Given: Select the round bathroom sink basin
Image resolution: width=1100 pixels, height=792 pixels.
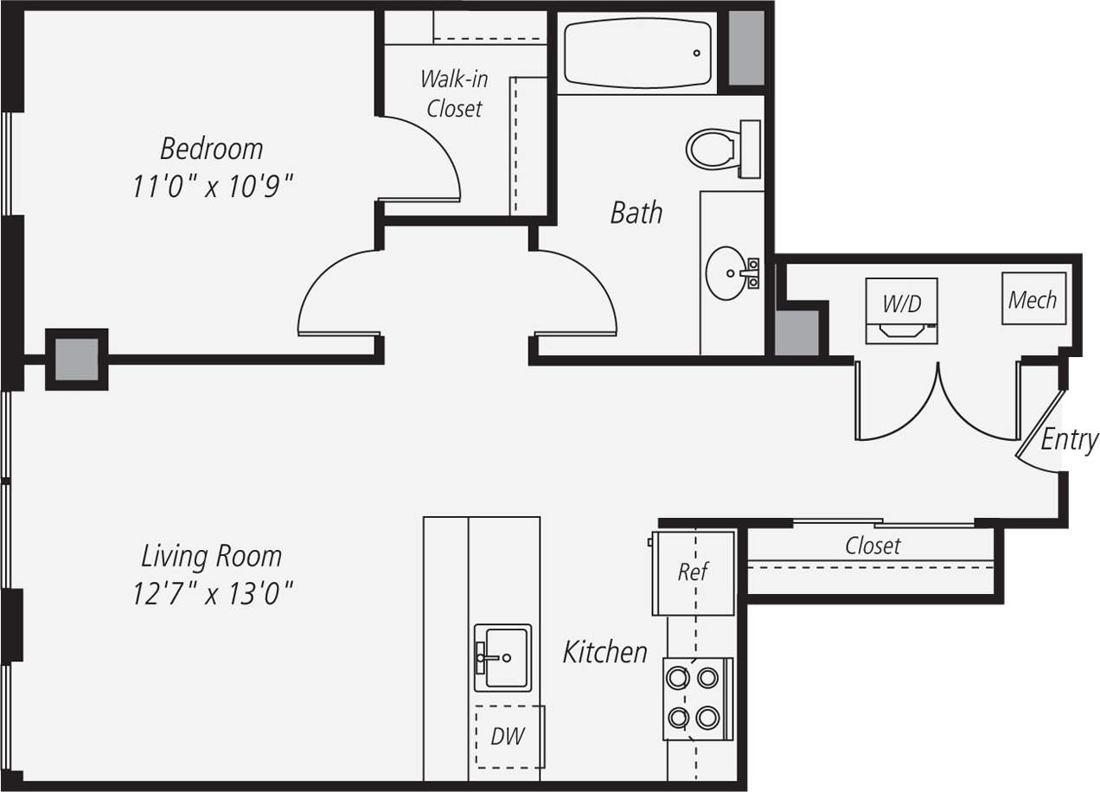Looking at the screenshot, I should click(x=727, y=273).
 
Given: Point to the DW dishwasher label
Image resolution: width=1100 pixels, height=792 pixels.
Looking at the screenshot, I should click(x=508, y=737).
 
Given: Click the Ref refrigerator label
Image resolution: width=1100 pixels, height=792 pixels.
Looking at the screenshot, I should click(x=693, y=572).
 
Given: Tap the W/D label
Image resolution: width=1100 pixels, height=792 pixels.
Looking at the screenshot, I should click(x=901, y=303).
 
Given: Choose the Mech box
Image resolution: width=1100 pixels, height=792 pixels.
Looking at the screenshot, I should click(x=1033, y=299).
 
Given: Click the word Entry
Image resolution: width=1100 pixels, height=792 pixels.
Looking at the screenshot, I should click(x=1069, y=439).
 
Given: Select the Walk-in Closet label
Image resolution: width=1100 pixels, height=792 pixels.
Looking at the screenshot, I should click(x=454, y=93).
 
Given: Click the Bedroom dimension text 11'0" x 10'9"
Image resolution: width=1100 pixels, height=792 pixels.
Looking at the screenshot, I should click(x=213, y=186).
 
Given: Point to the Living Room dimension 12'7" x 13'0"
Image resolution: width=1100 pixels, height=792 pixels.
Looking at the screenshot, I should click(x=212, y=593).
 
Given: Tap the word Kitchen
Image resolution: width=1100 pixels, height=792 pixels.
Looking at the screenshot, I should click(x=604, y=652).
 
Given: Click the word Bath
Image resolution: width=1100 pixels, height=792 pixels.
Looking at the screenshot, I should click(x=636, y=213).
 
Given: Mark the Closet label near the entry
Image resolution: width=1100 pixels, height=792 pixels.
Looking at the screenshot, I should click(x=873, y=546).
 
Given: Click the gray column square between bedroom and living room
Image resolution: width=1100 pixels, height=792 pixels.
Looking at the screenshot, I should click(x=77, y=359).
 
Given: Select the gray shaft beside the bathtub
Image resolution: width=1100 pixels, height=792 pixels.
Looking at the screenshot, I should click(x=746, y=48).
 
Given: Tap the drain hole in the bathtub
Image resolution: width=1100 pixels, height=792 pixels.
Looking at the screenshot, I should click(x=696, y=54).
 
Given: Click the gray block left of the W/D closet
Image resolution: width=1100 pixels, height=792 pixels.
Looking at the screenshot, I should click(x=796, y=332).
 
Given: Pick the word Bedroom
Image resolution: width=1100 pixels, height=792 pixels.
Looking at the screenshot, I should click(x=212, y=149).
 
